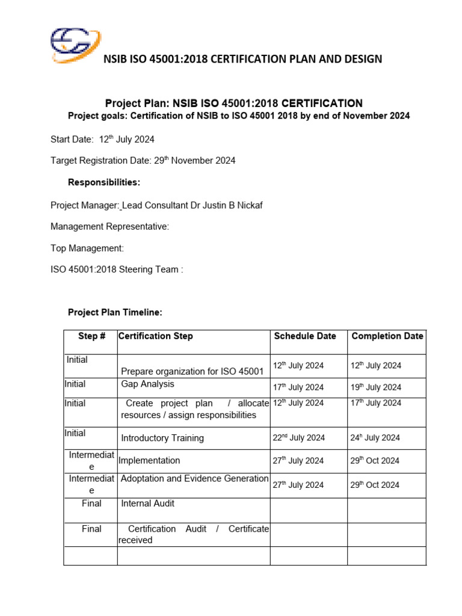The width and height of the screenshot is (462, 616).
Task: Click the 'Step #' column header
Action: coord(92,336)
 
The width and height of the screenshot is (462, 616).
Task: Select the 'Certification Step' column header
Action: coord(156,336)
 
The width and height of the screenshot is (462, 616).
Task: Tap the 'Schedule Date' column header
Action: coord(305,336)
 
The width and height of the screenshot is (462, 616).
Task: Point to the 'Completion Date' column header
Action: coord(387,336)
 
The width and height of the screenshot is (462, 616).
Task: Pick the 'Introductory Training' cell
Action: coord(162,438)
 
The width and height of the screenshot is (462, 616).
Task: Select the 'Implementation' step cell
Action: coord(149,460)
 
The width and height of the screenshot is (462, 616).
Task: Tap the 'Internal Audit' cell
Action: coord(148,503)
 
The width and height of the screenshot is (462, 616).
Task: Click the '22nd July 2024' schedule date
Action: coord(298,438)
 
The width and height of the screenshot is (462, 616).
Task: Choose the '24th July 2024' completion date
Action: coord(375,438)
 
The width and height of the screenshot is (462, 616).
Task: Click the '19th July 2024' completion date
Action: coord(375,387)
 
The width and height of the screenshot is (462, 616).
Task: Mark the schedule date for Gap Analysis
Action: coord(298,387)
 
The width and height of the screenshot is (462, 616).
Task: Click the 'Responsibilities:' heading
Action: coord(104,182)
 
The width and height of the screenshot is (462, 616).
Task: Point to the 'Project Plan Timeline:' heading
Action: coord(115,313)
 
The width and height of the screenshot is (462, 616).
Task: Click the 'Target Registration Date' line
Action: coord(143,161)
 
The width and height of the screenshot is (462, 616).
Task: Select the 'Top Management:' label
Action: coord(87,248)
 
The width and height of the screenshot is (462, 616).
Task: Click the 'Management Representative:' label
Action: coord(109,227)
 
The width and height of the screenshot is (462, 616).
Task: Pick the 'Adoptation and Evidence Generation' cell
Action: coord(194,479)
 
